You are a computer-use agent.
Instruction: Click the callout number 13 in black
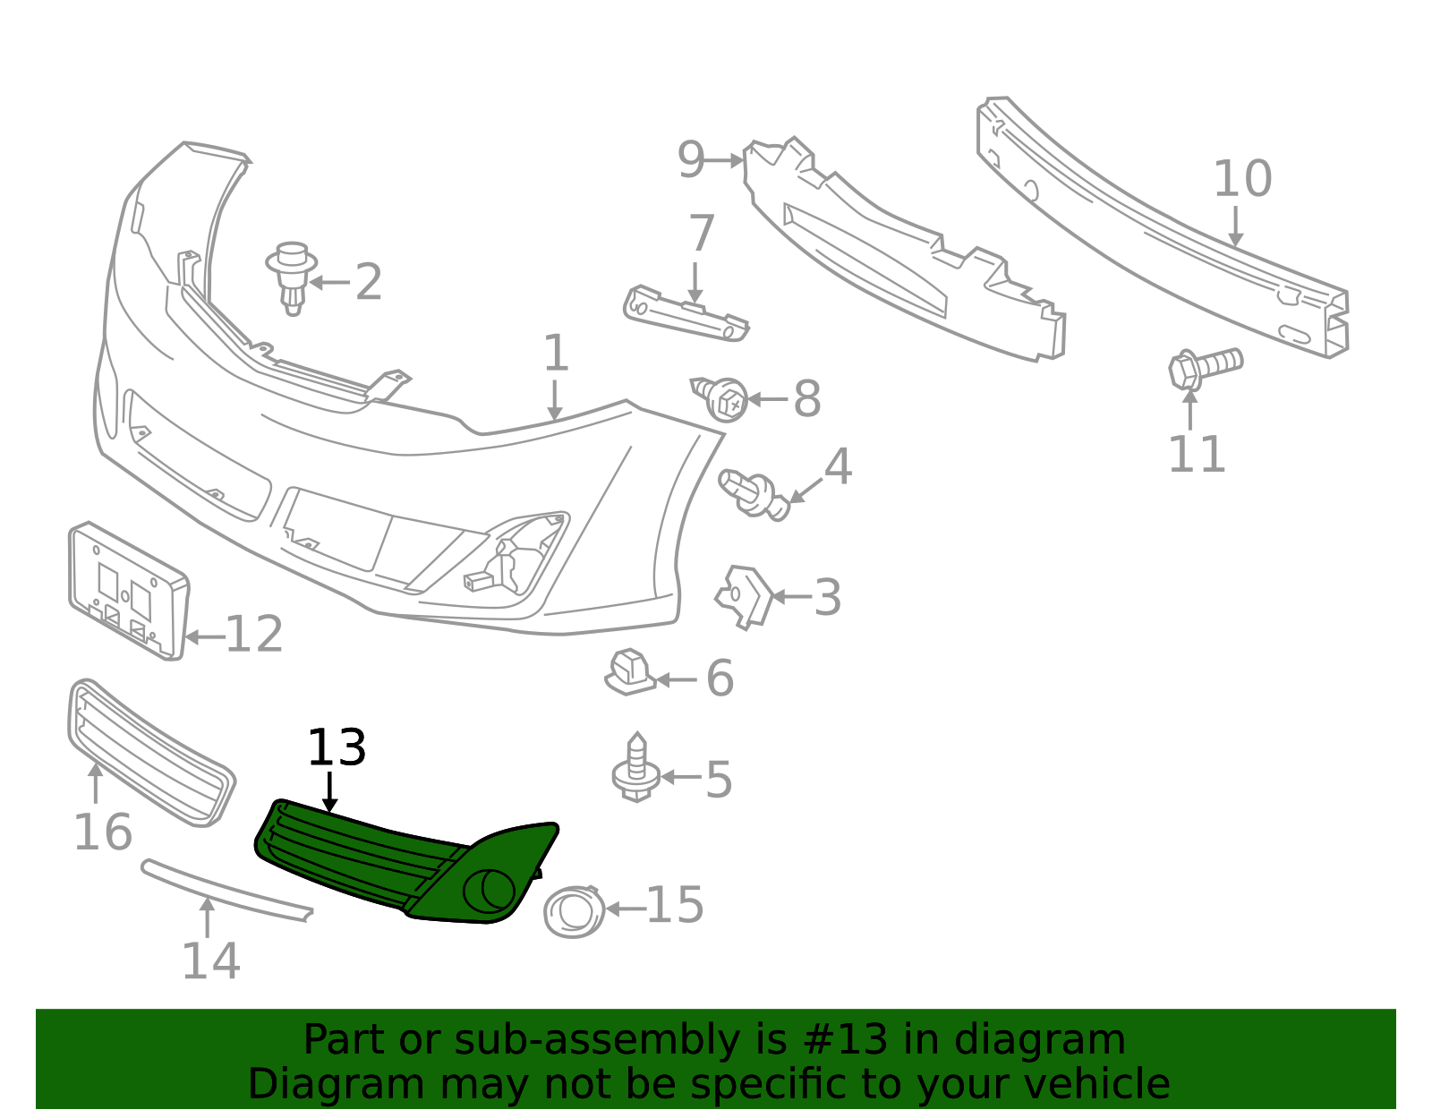[x=337, y=747]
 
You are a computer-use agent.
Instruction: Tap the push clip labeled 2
[x=292, y=277]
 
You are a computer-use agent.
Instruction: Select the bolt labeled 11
[x=1206, y=368]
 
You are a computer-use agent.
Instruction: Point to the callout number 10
[x=1242, y=178]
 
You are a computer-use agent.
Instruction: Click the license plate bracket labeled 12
[x=129, y=590]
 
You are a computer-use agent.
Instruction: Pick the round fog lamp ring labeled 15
[x=574, y=912]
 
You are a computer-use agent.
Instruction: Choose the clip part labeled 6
[x=629, y=672]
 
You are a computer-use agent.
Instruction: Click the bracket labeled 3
[x=745, y=597]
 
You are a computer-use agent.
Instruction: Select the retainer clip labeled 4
[x=754, y=494]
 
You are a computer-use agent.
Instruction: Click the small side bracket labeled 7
[x=686, y=314]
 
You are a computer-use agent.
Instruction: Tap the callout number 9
[x=691, y=160]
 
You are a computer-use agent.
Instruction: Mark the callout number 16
[x=103, y=832]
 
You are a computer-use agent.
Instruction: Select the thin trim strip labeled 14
[x=226, y=890]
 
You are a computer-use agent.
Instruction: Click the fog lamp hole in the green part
[x=489, y=891]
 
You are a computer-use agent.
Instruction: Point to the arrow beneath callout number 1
[x=555, y=400]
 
